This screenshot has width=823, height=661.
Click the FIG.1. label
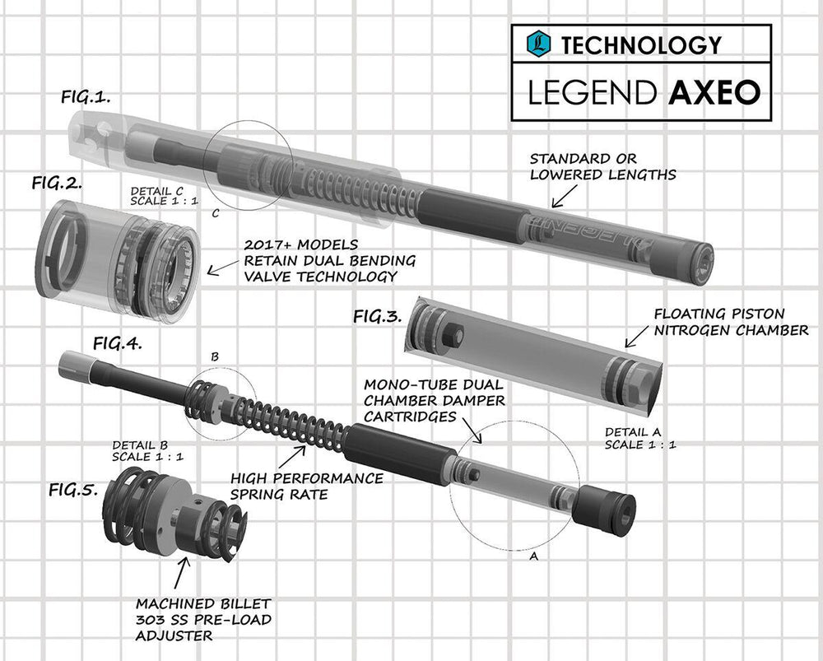[x=86, y=97]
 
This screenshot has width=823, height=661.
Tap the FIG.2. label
[x=57, y=183]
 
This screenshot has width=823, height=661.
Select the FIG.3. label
[x=379, y=316]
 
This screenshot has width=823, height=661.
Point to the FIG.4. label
[x=117, y=344]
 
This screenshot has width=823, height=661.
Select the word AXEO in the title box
[x=714, y=93]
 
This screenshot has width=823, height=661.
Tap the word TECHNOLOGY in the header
[x=641, y=44]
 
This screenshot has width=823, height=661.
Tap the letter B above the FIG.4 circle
[x=214, y=357]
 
